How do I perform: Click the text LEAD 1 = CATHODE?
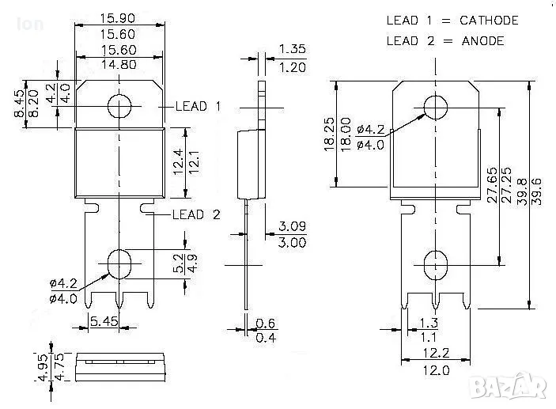coord(452,21)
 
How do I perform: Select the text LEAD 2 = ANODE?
coord(444,40)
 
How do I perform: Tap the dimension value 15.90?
coord(119,17)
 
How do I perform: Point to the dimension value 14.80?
coord(119,65)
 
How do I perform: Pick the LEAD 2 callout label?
coord(197,214)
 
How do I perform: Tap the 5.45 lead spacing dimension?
coord(104,321)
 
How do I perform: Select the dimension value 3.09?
coord(292,228)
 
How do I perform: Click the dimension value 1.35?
coord(292,50)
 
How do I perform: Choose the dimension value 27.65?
coord(492,186)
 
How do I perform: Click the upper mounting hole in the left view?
coord(120,105)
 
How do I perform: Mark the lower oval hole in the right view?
coord(436,263)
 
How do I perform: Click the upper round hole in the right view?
coord(436,108)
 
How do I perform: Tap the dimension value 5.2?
coord(180,261)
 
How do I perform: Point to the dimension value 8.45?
coord(17,103)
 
